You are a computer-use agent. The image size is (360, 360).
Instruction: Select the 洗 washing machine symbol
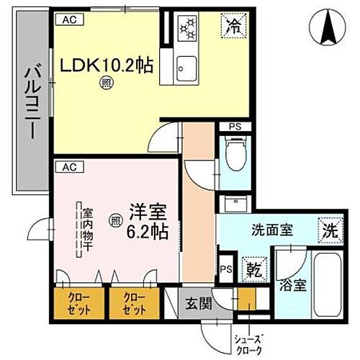coord(328,233)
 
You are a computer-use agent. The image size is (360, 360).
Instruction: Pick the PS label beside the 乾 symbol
coord(226,270)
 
